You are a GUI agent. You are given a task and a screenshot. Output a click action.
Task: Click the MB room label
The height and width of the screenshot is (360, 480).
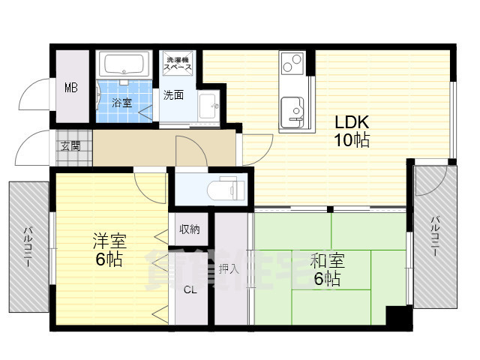tap(71, 88)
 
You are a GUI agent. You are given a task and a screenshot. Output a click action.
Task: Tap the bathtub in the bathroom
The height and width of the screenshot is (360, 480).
tap(124, 64)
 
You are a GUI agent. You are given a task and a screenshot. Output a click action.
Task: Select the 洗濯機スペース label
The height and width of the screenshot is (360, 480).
tap(178, 63)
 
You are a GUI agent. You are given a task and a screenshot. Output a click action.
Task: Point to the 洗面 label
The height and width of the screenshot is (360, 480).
tap(173, 95)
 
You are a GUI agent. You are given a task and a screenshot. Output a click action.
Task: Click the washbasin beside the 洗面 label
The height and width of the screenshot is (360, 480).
tap(208, 106)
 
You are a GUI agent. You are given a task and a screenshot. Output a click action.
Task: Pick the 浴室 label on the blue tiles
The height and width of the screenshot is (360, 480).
tap(121, 103)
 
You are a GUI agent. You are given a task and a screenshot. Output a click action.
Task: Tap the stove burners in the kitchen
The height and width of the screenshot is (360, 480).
tap(292, 63)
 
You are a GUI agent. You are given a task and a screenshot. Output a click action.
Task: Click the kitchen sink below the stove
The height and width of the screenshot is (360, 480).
tap(292, 110)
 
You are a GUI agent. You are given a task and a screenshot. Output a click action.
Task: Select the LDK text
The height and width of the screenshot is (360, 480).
tap(352, 122)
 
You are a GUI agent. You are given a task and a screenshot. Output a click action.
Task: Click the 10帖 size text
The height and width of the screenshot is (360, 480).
tap(352, 140)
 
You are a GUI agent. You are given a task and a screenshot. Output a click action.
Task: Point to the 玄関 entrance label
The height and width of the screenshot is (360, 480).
tap(70, 146)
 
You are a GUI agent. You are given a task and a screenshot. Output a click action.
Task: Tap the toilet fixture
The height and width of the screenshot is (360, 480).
tap(226, 189)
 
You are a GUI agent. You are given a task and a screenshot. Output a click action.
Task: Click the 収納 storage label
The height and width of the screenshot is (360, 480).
tap(190, 229)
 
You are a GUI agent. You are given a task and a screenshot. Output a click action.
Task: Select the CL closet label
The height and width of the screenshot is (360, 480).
tap(190, 289)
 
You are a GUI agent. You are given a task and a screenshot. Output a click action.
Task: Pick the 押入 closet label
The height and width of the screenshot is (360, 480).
tap(229, 269)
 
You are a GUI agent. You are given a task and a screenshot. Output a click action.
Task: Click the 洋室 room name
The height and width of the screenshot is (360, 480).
tap(109, 241)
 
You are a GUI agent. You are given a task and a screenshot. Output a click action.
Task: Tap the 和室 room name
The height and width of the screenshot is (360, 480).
tap(327, 260)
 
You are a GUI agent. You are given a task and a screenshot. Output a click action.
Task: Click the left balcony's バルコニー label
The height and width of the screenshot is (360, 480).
tap(28, 247)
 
